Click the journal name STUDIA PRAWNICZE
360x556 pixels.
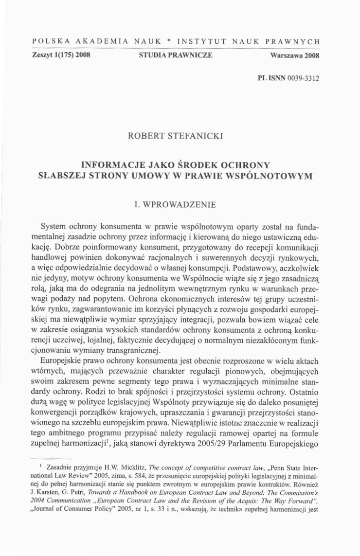coord(176,55)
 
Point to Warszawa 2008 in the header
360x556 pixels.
coord(294,56)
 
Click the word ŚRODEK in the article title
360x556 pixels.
coord(190,164)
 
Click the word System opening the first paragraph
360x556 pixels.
coord(54,227)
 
